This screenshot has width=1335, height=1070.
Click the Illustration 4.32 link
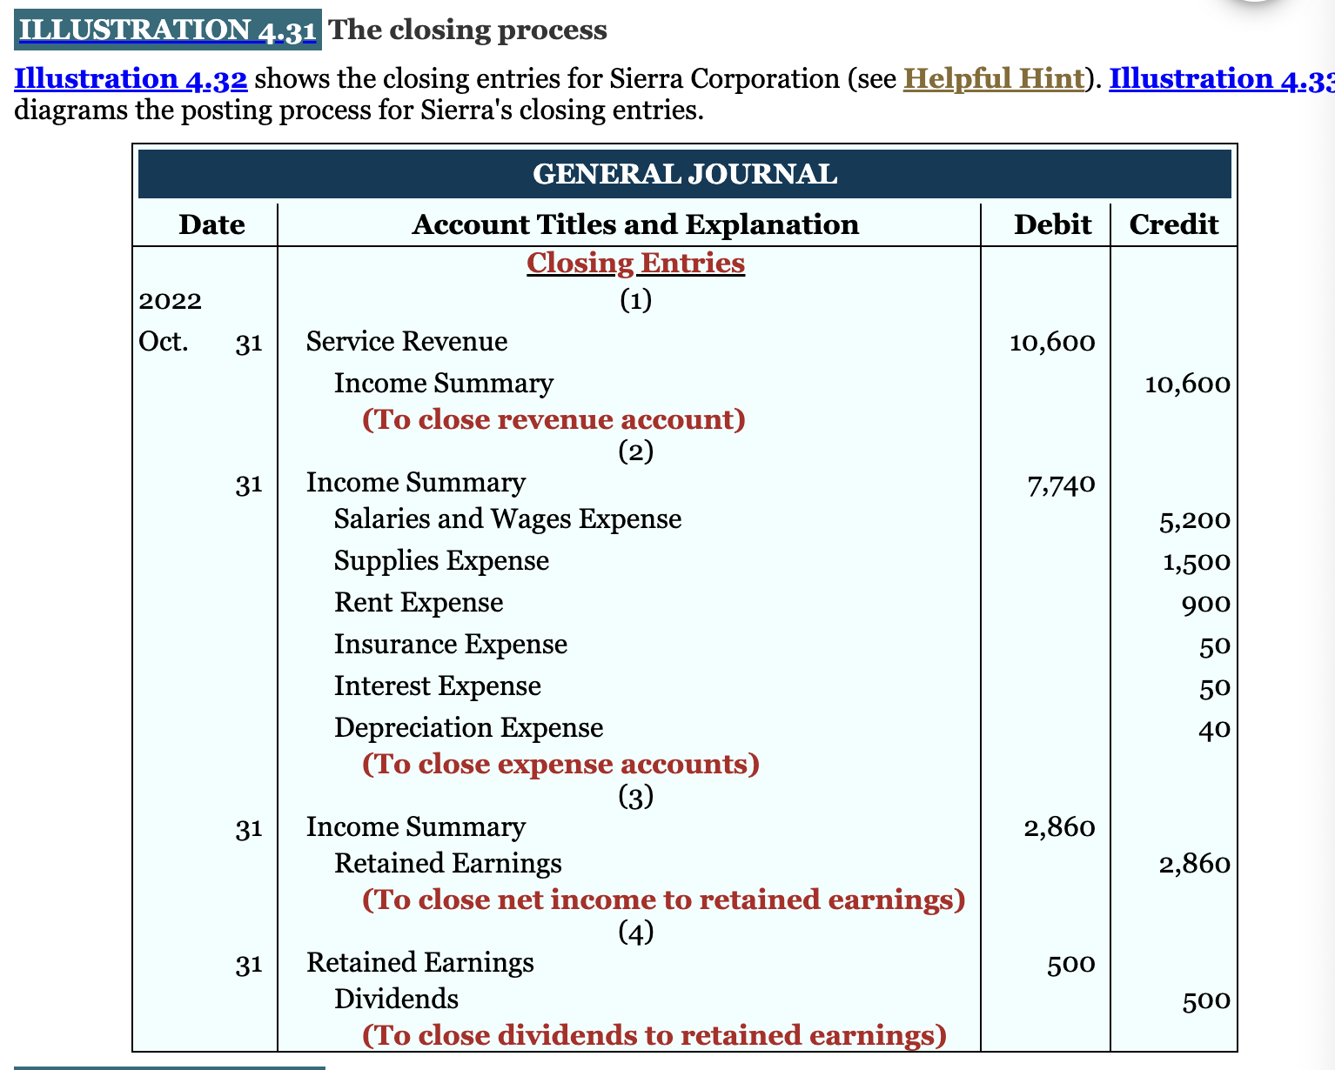(131, 79)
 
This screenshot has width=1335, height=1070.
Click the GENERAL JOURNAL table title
(684, 174)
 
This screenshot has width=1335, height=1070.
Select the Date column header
(211, 225)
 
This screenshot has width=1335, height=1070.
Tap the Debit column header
(1052, 225)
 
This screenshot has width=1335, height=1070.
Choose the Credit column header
(1173, 225)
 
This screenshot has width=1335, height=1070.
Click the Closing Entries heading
(635, 263)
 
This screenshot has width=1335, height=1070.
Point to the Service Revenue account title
(406, 341)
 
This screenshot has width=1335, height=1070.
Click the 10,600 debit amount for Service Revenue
(1052, 342)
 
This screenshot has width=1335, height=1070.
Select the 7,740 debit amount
(1061, 484)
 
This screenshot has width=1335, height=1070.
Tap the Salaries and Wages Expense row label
(507, 519)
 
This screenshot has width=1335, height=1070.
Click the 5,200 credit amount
(1194, 521)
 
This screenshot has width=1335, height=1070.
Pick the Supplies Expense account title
(441, 561)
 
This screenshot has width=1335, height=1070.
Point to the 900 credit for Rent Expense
(1206, 604)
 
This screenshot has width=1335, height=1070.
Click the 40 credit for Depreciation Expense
(1214, 729)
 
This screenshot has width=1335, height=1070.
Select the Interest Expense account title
(437, 686)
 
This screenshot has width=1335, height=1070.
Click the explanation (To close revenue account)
(553, 420)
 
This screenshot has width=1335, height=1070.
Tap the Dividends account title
(396, 999)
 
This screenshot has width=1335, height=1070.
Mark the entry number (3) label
(635, 796)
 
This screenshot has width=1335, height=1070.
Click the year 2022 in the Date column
(171, 301)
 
